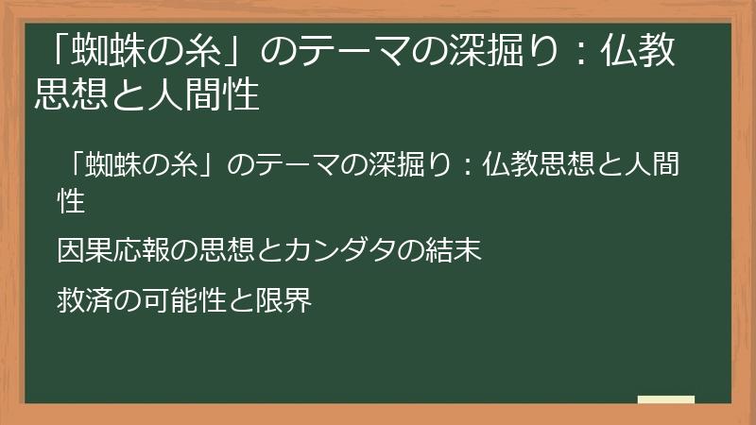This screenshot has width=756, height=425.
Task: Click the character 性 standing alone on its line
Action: click(x=72, y=200)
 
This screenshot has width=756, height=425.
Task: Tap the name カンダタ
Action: click(x=346, y=251)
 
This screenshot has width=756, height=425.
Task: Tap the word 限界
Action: click(x=283, y=300)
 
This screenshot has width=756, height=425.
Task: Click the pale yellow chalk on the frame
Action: click(x=666, y=399)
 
